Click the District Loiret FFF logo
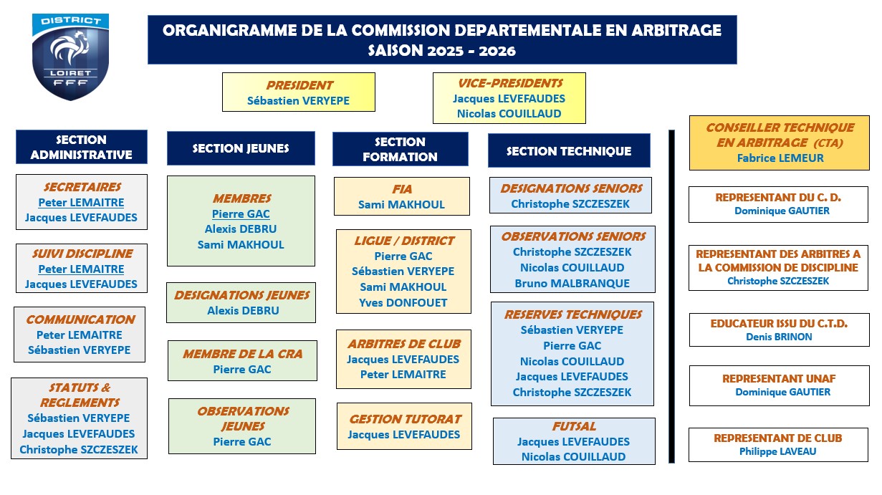click(x=70, y=57)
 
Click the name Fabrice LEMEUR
click(x=780, y=158)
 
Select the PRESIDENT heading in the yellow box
click(x=299, y=85)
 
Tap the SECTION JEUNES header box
click(x=241, y=148)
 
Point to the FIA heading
click(x=402, y=189)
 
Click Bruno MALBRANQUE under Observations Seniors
click(x=572, y=284)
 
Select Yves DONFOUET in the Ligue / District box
click(x=403, y=303)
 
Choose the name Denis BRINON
click(x=779, y=337)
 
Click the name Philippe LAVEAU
click(x=777, y=451)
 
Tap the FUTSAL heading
click(x=574, y=426)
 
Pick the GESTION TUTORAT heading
click(x=405, y=419)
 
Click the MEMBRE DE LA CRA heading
click(x=243, y=354)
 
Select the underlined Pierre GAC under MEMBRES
click(x=241, y=213)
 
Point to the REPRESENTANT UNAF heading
click(x=779, y=379)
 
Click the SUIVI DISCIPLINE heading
click(x=82, y=254)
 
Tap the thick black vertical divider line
click(x=672, y=296)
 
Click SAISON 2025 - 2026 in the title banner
click(x=442, y=51)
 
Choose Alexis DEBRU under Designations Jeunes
click(x=243, y=311)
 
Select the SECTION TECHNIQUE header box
click(x=569, y=150)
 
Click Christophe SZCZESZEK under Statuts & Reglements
click(x=79, y=450)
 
